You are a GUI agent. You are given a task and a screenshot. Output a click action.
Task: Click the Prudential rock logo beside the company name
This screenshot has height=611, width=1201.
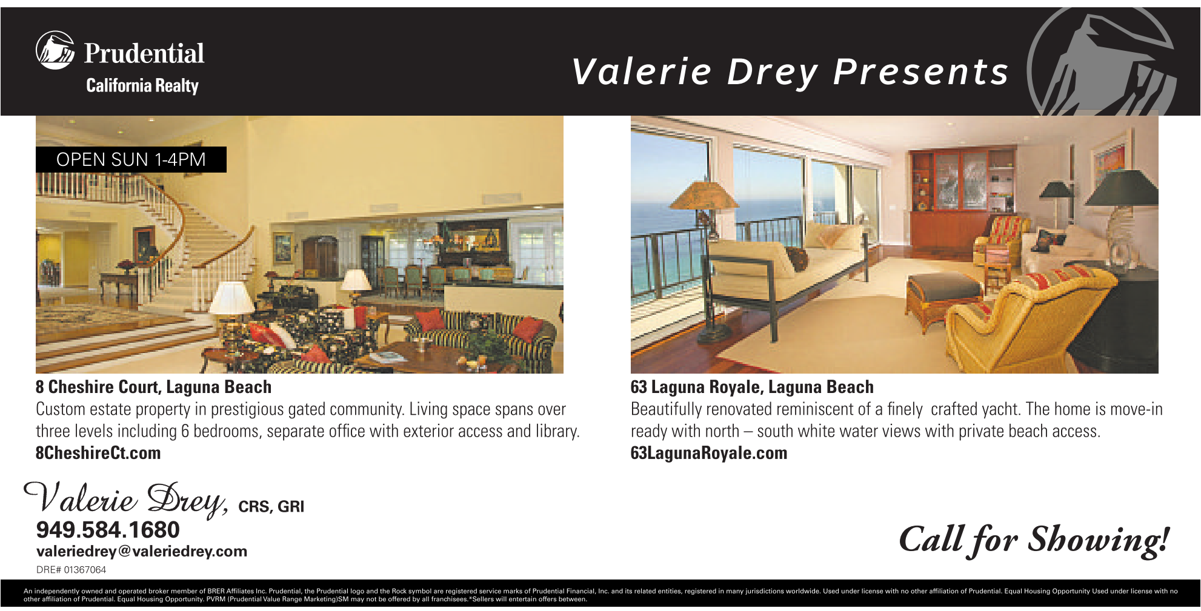[x=55, y=50]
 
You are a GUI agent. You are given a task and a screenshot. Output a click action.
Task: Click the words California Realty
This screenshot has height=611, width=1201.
[x=142, y=86]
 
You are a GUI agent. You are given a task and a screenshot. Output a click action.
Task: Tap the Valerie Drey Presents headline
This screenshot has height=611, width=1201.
[x=790, y=72]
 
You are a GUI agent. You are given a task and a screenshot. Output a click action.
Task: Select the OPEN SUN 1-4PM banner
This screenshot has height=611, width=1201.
[x=131, y=160]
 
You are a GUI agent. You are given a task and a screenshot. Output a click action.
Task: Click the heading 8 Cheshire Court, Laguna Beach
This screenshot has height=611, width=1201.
[x=153, y=387]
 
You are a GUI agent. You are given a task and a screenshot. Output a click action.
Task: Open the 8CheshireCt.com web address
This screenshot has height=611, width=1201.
[x=98, y=453]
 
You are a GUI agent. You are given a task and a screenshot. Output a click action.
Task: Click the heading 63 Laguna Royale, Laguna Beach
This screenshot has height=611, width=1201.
[x=752, y=387]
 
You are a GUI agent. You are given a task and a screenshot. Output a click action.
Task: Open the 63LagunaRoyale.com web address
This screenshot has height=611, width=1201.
[x=709, y=453]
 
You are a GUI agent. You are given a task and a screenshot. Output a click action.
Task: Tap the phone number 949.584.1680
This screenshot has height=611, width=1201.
[x=108, y=530]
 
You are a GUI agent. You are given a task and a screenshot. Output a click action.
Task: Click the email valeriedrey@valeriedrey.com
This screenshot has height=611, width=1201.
[x=142, y=552]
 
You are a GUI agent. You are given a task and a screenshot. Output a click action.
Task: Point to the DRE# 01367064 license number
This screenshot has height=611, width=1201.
[x=71, y=570]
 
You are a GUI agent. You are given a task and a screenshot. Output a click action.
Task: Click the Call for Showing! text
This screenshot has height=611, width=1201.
[x=1034, y=540]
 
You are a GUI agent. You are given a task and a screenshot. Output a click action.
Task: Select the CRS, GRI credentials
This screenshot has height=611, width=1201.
[x=271, y=507]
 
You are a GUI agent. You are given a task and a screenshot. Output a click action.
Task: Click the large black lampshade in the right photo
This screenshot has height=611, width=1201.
[x=1122, y=188]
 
